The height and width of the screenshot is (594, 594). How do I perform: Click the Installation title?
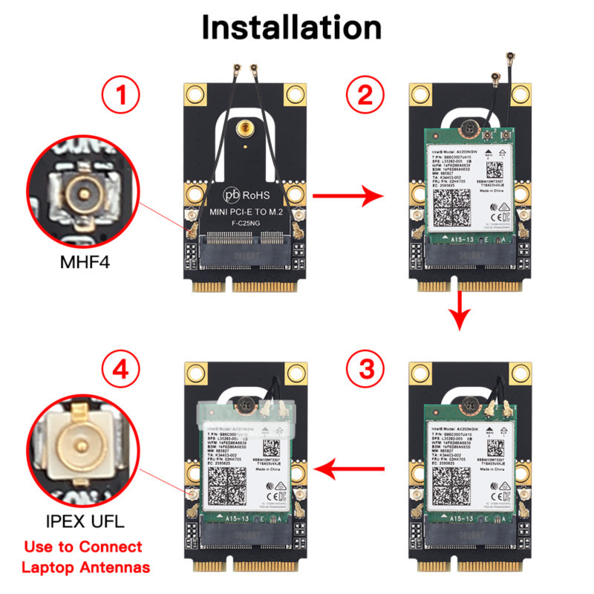[x=292, y=27]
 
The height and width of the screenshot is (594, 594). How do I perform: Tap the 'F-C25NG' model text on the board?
[x=243, y=224]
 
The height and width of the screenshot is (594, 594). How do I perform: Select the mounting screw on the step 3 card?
[x=470, y=405]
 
